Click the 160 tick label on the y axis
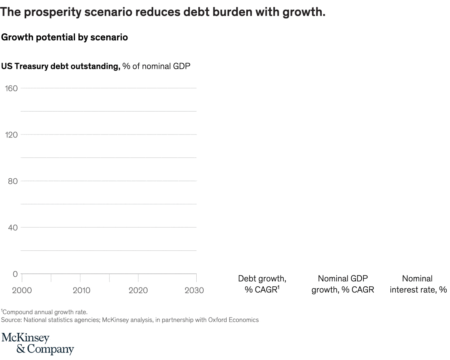tap(11, 88)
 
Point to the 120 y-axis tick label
tap(11, 135)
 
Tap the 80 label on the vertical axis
tap(13, 181)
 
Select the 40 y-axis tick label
tap(13, 227)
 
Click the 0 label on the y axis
tap(15, 274)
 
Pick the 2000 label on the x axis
tap(22, 290)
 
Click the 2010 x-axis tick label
tap(81, 290)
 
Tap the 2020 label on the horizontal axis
tap(138, 290)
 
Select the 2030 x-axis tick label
tap(194, 290)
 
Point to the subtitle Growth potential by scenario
tap(65, 37)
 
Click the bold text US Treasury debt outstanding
tap(61, 66)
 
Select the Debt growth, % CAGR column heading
tap(262, 284)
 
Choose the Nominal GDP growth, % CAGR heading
tap(343, 284)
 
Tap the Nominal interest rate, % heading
tap(417, 284)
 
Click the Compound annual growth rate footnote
tap(45, 312)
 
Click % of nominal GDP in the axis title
tap(156, 66)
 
